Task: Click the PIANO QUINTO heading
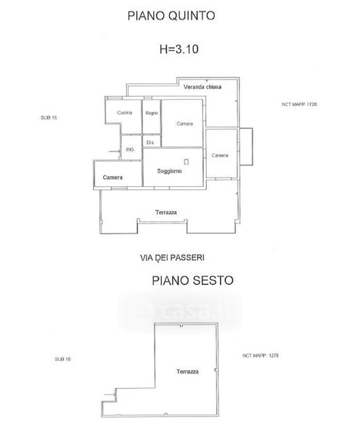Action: click(x=171, y=15)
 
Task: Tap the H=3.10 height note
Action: click(x=179, y=49)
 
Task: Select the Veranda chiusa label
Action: click(x=202, y=87)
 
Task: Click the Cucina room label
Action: click(x=124, y=112)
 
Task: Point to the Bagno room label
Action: click(x=152, y=113)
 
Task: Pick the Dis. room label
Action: click(x=150, y=143)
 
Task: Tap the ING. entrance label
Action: click(x=130, y=149)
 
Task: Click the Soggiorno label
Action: click(x=169, y=171)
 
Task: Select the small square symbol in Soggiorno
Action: click(x=187, y=162)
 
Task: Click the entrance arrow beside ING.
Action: click(x=115, y=152)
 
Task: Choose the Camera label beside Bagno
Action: click(x=185, y=124)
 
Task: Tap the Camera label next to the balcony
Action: click(x=220, y=155)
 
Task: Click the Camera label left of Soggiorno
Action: click(x=112, y=178)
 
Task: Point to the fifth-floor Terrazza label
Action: click(x=165, y=212)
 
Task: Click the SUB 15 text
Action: click(x=49, y=117)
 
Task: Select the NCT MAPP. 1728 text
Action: click(x=299, y=104)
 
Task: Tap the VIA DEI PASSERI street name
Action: click(x=172, y=257)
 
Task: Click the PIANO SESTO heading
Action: click(x=192, y=281)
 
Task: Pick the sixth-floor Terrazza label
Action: click(x=187, y=371)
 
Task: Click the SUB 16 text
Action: click(x=62, y=359)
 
